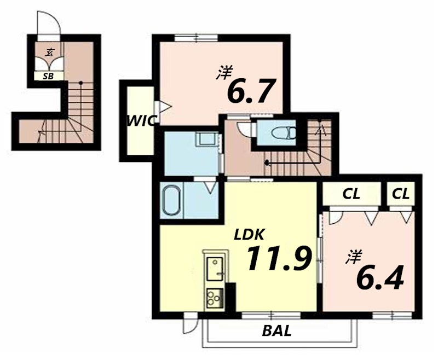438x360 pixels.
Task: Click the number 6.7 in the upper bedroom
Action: tap(250, 90)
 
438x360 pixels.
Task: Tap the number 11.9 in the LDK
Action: tap(279, 258)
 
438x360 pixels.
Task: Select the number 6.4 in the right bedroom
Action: tap(380, 278)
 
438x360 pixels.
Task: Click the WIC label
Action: tap(141, 121)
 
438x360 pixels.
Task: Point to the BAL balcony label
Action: tap(277, 331)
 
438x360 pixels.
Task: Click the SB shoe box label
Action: tap(48, 76)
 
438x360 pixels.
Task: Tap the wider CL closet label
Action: tap(351, 194)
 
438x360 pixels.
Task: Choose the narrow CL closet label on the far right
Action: tap(401, 194)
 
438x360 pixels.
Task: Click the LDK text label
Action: tap(249, 235)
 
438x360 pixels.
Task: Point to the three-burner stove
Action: tap(215, 298)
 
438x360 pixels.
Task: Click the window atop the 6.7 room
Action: tap(197, 38)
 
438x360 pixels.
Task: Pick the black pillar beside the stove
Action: tap(230, 297)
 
